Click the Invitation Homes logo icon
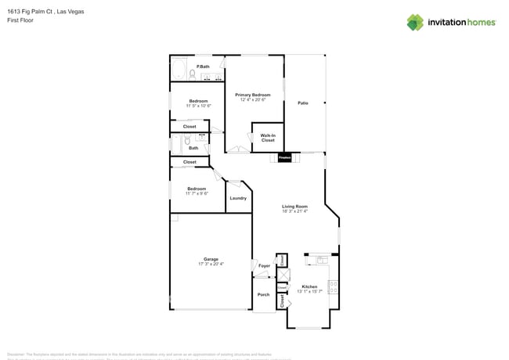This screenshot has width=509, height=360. [415, 22]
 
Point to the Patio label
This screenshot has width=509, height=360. [302, 103]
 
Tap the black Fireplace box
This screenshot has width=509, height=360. [284, 157]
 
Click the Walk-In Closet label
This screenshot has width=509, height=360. [268, 138]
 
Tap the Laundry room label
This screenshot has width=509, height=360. [238, 198]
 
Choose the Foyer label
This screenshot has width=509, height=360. [264, 266]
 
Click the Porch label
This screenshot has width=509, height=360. [264, 294]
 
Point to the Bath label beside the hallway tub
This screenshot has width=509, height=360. [193, 147]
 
